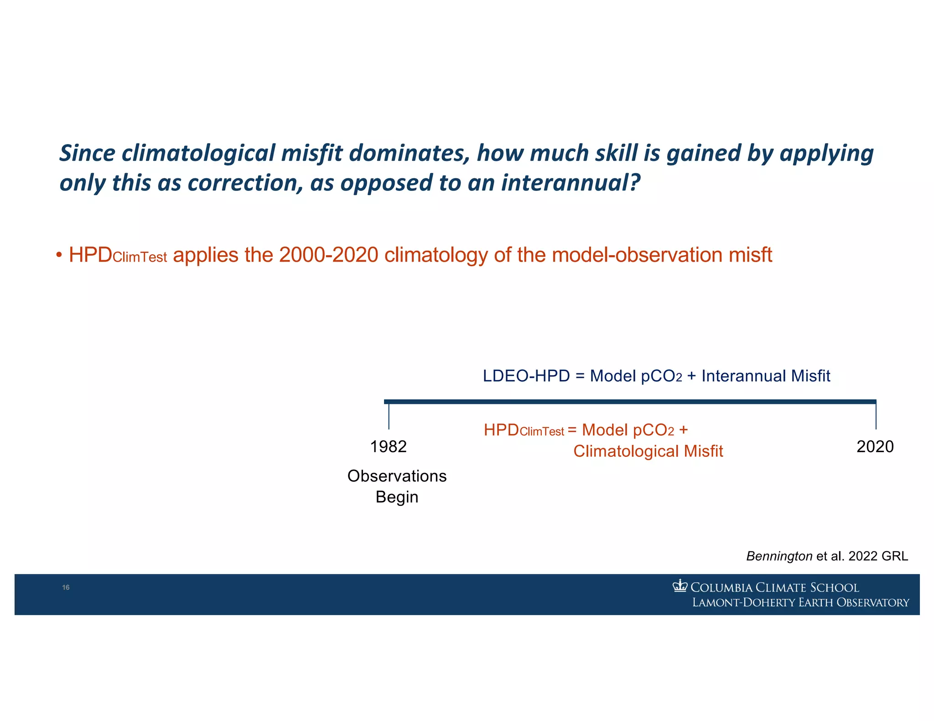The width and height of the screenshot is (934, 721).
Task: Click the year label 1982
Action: pos(388,447)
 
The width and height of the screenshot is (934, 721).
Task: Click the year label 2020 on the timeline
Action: pos(875,447)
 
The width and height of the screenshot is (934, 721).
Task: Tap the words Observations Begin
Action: pos(397,486)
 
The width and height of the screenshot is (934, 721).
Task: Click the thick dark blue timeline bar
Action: pos(629,402)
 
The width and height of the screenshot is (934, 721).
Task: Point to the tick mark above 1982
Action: pos(389,416)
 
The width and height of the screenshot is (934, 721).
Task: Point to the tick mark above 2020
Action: pos(876,416)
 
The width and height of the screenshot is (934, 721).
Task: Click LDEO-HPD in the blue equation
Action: pos(526,376)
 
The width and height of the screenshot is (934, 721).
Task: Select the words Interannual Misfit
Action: pos(765,376)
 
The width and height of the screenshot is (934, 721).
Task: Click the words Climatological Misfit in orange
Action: pos(648,451)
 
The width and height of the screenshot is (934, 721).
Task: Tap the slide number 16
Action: pos(66,587)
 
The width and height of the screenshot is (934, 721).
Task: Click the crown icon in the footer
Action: pos(680,586)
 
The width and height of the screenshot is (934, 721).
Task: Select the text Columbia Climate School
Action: pos(774,587)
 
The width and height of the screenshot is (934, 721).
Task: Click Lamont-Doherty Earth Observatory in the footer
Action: pos(800,603)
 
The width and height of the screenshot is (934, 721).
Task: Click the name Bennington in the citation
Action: pos(779,556)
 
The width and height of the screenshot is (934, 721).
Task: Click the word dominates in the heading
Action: pos(409,153)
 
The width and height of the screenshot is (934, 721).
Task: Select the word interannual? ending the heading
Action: pos(571,183)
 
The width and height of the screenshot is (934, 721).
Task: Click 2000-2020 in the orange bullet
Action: pos(328,255)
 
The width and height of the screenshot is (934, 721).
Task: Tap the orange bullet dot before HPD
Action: pos(59,255)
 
